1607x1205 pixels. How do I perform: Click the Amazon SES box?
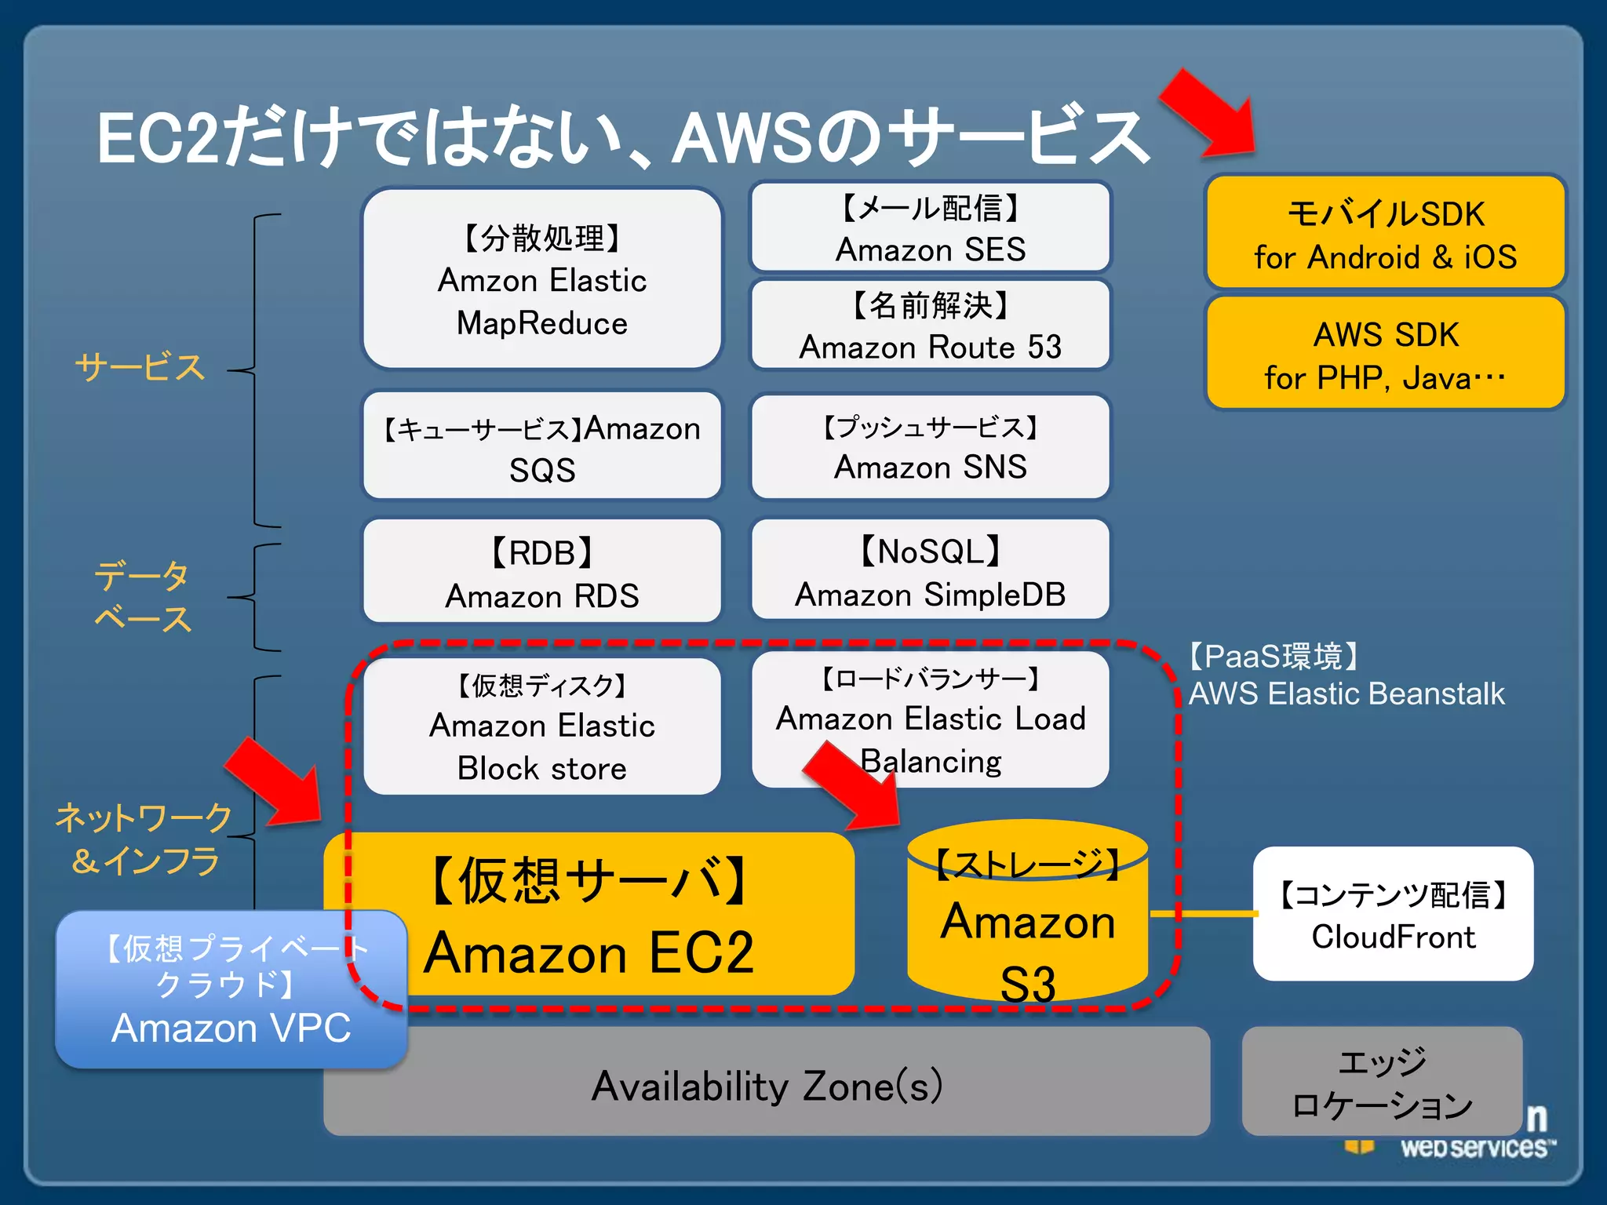tap(930, 228)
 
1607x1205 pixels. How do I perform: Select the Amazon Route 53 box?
tap(930, 325)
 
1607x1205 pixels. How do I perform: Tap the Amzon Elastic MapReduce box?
tap(541, 278)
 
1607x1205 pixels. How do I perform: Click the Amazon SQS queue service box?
tap(541, 447)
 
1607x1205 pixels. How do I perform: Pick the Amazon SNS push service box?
tap(930, 447)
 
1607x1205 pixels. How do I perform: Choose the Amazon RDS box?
tap(541, 573)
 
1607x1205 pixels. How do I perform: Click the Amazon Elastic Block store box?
tap(541, 726)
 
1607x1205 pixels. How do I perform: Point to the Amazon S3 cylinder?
tap(1028, 918)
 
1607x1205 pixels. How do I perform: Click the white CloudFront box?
tap(1393, 914)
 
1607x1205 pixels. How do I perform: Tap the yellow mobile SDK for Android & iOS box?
tap(1385, 233)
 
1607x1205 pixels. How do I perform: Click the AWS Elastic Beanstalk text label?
tap(1346, 694)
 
